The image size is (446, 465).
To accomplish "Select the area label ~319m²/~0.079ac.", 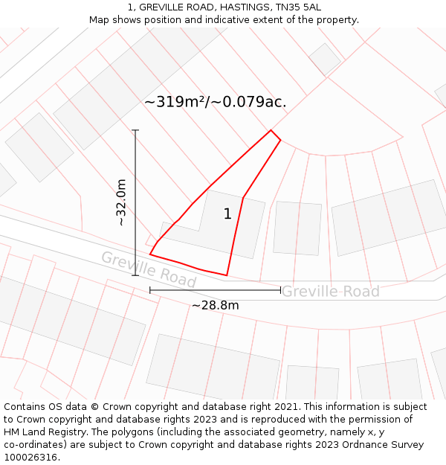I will point(215,102).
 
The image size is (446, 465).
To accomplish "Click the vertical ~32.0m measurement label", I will point(120,202).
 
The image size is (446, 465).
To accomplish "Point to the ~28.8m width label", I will point(215,305).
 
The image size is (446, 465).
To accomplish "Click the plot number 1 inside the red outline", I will point(227,214).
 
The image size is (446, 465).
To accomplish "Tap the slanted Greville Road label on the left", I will point(148,269).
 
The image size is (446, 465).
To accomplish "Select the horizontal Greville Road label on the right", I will point(330,292).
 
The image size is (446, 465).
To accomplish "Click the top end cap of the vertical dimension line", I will point(135,130).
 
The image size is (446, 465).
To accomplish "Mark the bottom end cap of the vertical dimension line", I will point(135,275).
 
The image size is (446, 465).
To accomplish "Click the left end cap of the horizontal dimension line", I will point(150,290).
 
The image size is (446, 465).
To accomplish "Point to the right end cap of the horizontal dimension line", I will point(280,290).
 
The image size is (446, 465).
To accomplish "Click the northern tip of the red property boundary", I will point(271,131).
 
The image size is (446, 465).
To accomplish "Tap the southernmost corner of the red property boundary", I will point(226,275).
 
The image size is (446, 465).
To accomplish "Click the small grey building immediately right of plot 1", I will point(297,228).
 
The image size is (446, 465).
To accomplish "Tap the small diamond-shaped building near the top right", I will point(325,59).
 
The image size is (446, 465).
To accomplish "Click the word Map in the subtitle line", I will point(99,19).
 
